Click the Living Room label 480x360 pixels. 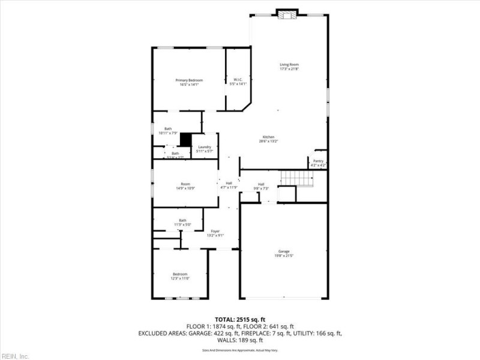(x=289, y=67)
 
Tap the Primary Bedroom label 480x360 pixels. (x=189, y=82)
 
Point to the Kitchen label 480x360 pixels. (x=268, y=139)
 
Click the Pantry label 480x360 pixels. (x=318, y=163)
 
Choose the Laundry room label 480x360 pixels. (x=205, y=149)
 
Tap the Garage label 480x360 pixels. (x=284, y=253)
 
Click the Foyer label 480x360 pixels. (x=215, y=233)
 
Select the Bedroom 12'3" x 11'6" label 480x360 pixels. (x=181, y=276)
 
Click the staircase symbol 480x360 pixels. (x=298, y=178)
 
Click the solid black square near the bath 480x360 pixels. (x=186, y=139)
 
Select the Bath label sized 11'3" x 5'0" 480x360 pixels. (x=182, y=222)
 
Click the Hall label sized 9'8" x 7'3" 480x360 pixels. (x=261, y=186)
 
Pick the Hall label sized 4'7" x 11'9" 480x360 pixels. (x=229, y=185)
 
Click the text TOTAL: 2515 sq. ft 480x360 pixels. (x=240, y=319)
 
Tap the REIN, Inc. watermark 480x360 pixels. (x=15, y=356)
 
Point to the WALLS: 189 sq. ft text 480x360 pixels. (x=240, y=340)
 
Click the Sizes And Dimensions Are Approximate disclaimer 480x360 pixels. (x=240, y=349)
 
